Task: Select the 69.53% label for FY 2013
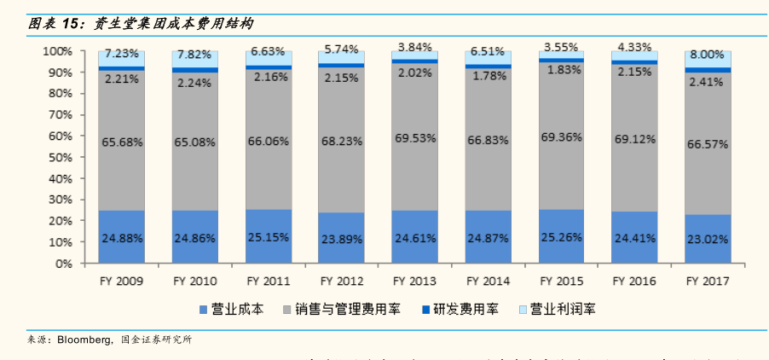click(414, 137)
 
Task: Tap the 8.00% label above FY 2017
click(708, 53)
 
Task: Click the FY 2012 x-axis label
click(341, 281)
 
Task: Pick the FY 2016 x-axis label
click(634, 281)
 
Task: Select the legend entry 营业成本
click(235, 309)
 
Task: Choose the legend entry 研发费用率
click(465, 309)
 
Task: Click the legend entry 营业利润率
click(557, 309)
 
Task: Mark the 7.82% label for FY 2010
click(194, 55)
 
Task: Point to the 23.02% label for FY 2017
click(708, 241)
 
